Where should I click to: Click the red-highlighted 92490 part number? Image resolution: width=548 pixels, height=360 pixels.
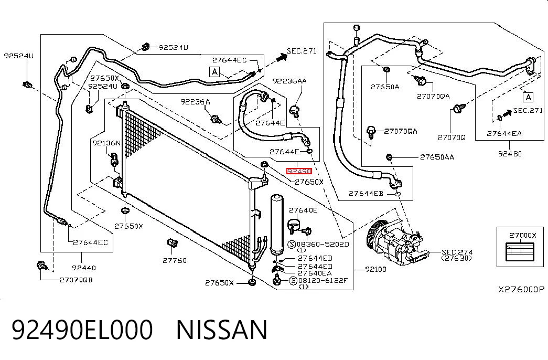(299, 171)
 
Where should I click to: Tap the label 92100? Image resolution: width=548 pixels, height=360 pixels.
(375, 269)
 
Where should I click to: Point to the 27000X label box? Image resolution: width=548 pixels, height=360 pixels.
(520, 247)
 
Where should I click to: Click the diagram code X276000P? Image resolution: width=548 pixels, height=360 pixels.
(521, 289)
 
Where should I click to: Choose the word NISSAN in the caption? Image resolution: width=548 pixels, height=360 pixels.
(222, 330)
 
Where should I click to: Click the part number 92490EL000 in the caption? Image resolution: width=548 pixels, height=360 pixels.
(82, 330)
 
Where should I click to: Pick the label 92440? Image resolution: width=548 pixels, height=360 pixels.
(84, 268)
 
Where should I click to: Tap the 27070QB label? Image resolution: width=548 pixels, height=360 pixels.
(76, 280)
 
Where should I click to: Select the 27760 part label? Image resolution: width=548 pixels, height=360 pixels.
(175, 260)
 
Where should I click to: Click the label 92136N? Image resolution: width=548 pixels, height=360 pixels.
(106, 143)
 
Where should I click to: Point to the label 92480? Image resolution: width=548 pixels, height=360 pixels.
(510, 154)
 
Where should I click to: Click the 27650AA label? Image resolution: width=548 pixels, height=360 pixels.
(437, 157)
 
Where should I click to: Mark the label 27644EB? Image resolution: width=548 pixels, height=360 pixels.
(366, 193)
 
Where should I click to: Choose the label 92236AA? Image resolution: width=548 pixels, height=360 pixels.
(289, 81)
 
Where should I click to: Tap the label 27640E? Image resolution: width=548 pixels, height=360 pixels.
(303, 210)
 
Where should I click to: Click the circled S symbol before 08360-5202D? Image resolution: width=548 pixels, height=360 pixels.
(292, 245)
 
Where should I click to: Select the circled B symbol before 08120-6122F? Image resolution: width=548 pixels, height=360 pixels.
(293, 280)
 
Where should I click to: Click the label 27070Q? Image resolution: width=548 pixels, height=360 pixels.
(452, 137)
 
